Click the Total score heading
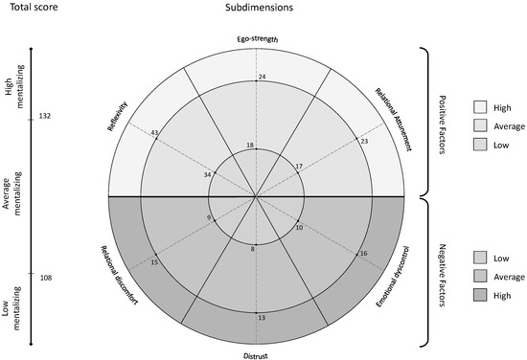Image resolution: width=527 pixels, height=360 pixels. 32,8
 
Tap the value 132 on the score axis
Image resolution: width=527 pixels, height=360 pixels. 45,116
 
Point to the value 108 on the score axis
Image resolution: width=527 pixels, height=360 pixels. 45,278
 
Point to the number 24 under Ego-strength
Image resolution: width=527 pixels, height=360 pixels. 262,77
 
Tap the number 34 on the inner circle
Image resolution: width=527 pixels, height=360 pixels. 208,175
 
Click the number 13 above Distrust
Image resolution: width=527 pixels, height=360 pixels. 262,317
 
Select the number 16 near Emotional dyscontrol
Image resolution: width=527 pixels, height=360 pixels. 362,254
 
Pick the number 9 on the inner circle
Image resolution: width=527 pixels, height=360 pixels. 209,218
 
